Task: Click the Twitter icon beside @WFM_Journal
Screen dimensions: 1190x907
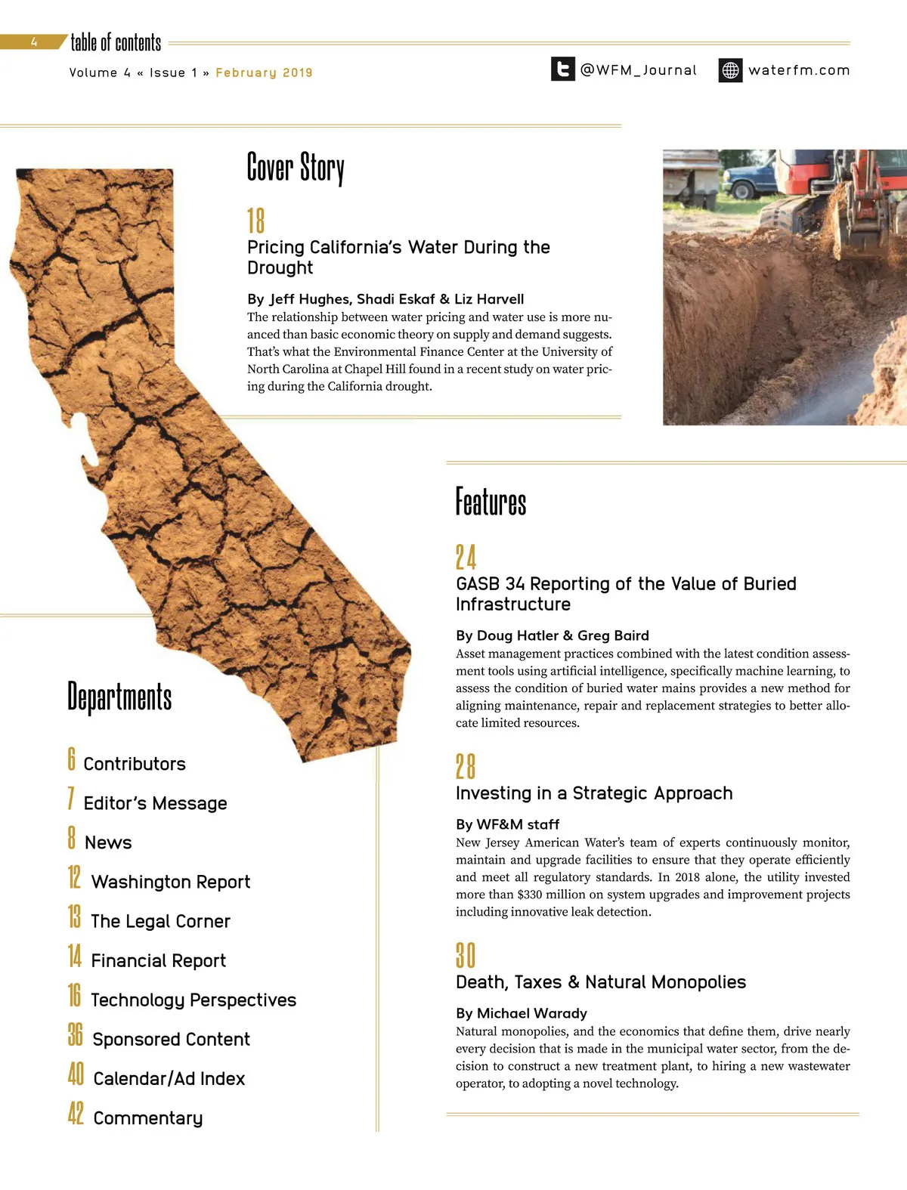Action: pyautogui.click(x=562, y=70)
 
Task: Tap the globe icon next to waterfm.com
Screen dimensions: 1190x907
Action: pyautogui.click(x=730, y=70)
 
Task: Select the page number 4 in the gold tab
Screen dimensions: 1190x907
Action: pyautogui.click(x=34, y=42)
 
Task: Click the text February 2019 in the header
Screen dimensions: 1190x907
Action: pyautogui.click(x=264, y=73)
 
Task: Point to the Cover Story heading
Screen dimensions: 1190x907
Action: pyautogui.click(x=296, y=168)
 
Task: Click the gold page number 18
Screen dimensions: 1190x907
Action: pyautogui.click(x=255, y=221)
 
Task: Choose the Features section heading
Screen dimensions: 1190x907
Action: pyautogui.click(x=491, y=502)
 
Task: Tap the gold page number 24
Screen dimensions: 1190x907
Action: pyautogui.click(x=466, y=558)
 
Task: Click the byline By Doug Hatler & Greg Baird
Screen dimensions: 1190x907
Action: pyautogui.click(x=552, y=635)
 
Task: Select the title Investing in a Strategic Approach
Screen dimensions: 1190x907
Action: pyautogui.click(x=594, y=793)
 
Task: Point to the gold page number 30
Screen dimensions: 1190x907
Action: pyautogui.click(x=466, y=956)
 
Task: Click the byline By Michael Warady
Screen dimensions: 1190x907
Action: pyautogui.click(x=521, y=1013)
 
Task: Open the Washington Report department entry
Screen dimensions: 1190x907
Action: pyautogui.click(x=170, y=882)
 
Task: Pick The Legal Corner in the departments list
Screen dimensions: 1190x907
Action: pyautogui.click(x=160, y=921)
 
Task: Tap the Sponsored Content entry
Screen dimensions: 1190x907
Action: pyautogui.click(x=171, y=1039)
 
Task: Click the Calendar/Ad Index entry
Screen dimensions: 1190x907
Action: pyautogui.click(x=169, y=1078)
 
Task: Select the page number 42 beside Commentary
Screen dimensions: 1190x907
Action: pyautogui.click(x=76, y=1114)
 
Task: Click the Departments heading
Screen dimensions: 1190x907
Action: pyautogui.click(x=119, y=697)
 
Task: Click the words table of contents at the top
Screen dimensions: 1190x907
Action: pyautogui.click(x=116, y=42)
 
